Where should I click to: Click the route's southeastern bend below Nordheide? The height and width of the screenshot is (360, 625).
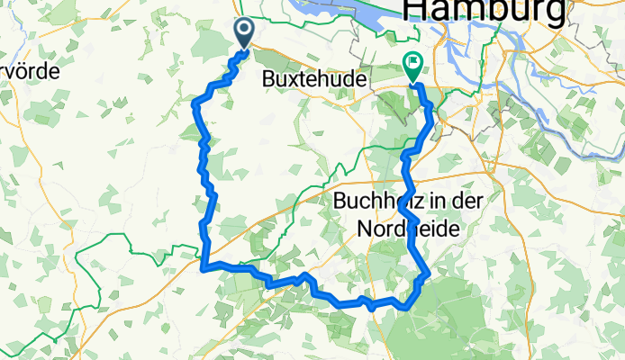pos(426,274)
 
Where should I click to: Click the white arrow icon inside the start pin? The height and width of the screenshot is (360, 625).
pos(245,31)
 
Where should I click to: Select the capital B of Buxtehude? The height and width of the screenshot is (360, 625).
pos(266,79)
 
